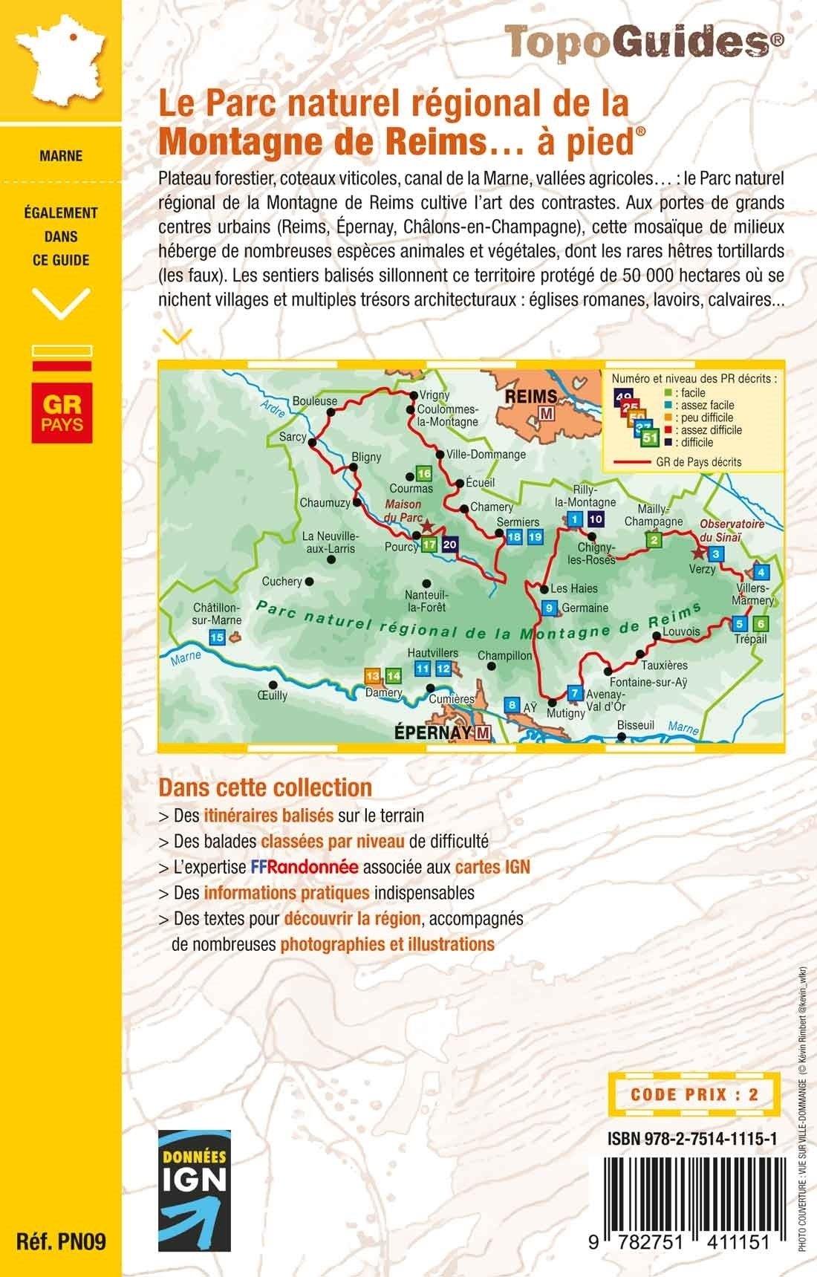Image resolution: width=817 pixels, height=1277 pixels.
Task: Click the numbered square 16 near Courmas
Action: [424, 474]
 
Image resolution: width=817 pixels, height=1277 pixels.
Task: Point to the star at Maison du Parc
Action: [426, 525]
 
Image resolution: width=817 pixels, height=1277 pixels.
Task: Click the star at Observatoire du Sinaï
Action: [697, 553]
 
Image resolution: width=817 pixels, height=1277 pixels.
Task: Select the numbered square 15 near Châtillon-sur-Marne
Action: [218, 637]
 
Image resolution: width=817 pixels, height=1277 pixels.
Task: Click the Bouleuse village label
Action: [315, 401]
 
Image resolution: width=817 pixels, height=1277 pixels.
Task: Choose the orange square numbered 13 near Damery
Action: [372, 676]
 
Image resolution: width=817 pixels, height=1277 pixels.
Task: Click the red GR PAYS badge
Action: [62, 412]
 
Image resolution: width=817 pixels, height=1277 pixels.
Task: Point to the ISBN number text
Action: [692, 1137]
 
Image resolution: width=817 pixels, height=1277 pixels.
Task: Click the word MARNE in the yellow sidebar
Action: [62, 156]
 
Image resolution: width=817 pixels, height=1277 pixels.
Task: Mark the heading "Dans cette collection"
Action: [265, 787]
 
